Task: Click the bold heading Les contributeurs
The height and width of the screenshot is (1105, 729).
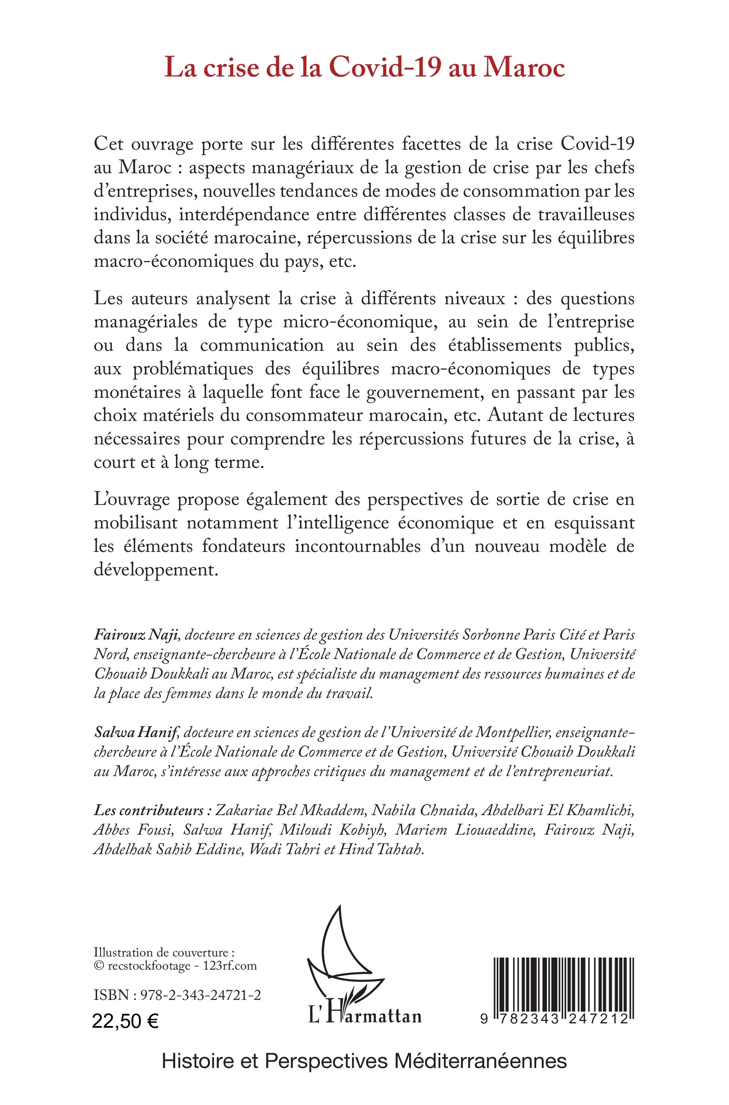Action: [149, 811]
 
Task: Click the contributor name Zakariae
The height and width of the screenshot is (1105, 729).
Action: [245, 811]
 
